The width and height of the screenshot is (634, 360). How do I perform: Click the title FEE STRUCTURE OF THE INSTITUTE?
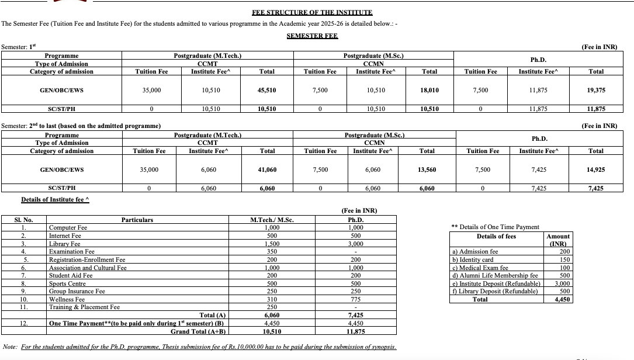click(312, 12)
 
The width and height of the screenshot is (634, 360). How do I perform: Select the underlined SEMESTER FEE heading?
click(312, 36)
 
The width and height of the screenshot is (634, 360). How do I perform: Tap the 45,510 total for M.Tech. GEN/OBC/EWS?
click(266, 90)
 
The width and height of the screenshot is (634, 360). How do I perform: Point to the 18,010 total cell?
click(429, 90)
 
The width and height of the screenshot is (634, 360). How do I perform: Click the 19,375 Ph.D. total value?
click(596, 90)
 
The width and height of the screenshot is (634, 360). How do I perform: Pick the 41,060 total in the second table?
click(267, 169)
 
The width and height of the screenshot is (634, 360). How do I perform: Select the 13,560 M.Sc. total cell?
click(427, 169)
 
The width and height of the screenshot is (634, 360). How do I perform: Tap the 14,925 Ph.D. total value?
click(596, 169)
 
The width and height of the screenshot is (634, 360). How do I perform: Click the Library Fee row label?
click(65, 244)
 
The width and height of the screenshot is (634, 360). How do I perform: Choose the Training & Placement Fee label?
click(84, 307)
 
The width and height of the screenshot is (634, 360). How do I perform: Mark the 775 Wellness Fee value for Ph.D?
click(355, 299)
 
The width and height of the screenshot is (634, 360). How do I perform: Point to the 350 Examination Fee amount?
click(272, 251)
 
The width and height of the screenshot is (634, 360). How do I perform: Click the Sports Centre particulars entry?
click(67, 283)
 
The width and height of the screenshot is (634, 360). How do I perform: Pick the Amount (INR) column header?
click(558, 240)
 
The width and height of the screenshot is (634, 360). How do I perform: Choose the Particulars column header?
click(137, 220)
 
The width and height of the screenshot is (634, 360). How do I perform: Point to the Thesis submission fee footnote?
click(209, 347)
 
